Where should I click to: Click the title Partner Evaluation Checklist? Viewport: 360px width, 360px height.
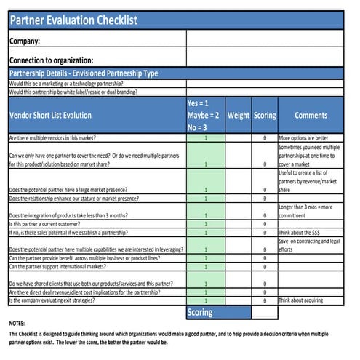pyautogui.click(x=73, y=20)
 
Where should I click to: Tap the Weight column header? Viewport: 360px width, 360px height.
pyautogui.click(x=238, y=115)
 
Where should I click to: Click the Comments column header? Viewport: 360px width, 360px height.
pyautogui.click(x=311, y=115)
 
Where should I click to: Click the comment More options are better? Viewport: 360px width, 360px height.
pyautogui.click(x=303, y=137)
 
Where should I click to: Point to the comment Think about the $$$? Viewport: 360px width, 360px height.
pyautogui.click(x=300, y=233)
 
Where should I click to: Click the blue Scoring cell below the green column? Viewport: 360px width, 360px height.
pyautogui.click(x=200, y=312)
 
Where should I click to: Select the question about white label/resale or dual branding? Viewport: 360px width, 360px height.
pyautogui.click(x=73, y=92)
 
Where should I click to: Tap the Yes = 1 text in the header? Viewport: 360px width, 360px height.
pyautogui.click(x=198, y=103)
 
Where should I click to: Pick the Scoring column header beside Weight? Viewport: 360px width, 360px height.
pyautogui.click(x=264, y=115)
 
